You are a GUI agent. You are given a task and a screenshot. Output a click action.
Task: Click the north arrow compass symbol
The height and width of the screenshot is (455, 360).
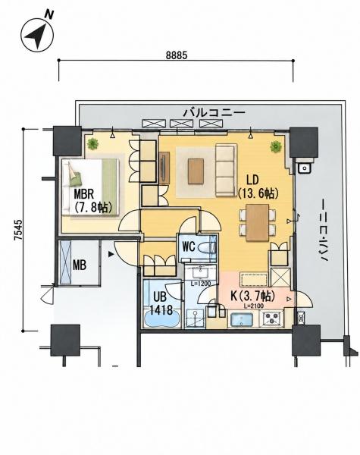pos(37,35)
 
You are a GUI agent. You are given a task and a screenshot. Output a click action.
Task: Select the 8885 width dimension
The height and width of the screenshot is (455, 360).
pos(177,55)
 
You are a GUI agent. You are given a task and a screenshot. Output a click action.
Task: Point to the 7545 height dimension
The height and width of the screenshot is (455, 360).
pos(18,230)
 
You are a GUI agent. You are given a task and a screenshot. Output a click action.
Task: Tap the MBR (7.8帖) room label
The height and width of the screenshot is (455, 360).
pos(92,200)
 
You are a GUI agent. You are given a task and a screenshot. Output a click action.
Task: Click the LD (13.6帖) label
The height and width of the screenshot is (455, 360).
pos(258,187)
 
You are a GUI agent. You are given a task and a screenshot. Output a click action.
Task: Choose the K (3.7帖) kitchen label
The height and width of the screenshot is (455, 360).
pos(252,296)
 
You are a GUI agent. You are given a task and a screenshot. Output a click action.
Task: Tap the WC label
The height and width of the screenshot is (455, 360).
pos(188,246)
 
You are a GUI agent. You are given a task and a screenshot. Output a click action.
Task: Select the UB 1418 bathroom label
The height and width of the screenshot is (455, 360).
pos(161,303)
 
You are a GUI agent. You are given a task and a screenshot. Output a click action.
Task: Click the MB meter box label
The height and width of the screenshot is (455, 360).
pos(79,265)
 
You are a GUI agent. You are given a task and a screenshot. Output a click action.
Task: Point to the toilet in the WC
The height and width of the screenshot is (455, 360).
pos(207,248)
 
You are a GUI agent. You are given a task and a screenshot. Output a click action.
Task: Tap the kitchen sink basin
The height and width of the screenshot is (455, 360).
pos(241,320)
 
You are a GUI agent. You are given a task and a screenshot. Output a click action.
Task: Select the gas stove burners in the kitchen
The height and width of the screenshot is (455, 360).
pos(272,318)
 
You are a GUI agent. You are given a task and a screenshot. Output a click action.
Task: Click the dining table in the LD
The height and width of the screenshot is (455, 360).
pos(258,222)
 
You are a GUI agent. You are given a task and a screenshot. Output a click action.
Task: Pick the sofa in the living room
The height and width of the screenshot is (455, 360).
pos(225,171)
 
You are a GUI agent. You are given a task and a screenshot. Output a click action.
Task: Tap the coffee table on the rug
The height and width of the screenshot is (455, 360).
pos(196,171)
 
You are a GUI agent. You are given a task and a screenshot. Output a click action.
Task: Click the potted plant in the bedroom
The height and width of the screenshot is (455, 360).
pos(92,144)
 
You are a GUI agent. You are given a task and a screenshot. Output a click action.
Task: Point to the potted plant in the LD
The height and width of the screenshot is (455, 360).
pos(276,146)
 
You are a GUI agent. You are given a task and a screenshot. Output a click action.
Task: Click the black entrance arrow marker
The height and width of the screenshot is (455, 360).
pos(111,255)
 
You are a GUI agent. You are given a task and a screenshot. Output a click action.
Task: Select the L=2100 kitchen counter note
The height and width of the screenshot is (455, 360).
pos(254,306)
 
